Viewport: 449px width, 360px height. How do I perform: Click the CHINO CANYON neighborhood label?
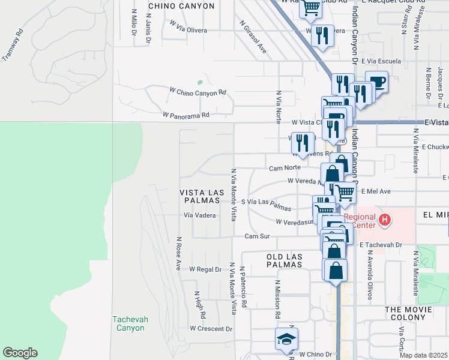coord(181,6)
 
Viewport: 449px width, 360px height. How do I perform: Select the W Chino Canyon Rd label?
coord(197,93)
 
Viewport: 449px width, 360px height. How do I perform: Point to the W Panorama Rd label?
coord(185,114)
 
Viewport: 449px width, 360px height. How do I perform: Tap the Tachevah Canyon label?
coord(128,323)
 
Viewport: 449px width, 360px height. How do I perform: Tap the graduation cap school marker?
coord(286,340)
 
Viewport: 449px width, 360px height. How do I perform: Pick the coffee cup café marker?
coord(376,82)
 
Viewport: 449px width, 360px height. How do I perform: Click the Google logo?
coord(20,353)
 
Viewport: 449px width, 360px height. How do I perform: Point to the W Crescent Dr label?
coord(211,329)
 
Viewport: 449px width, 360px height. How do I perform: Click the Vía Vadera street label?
coord(199,215)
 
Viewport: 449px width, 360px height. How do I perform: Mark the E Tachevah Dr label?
coord(380,245)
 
